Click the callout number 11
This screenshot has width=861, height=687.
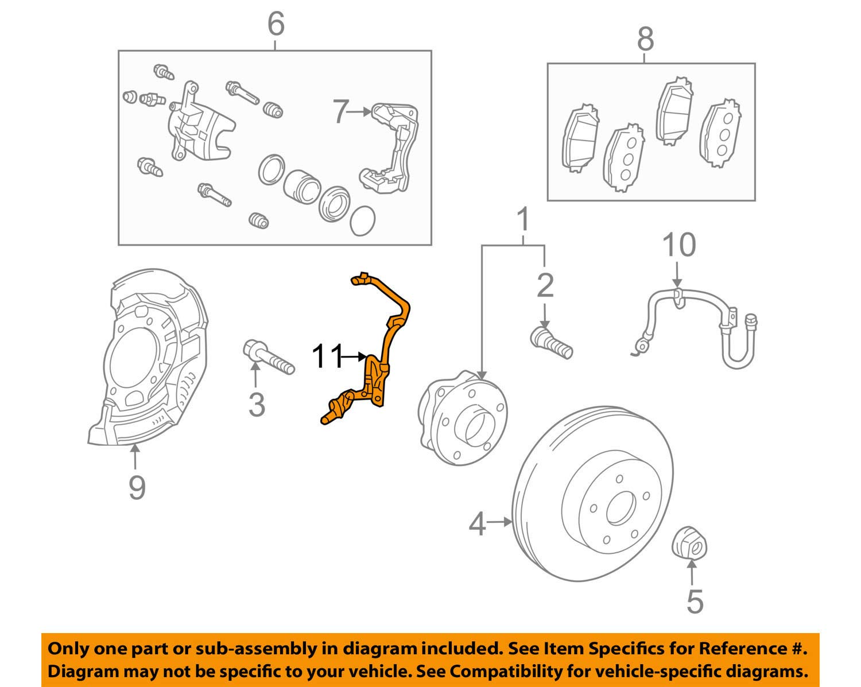327,357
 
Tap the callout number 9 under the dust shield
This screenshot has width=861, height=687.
137,488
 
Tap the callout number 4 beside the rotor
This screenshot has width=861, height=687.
478,523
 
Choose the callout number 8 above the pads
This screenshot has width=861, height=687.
645,40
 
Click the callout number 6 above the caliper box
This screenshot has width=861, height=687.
276,24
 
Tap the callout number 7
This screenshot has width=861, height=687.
341,112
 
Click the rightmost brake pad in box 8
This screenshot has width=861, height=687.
720,134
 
